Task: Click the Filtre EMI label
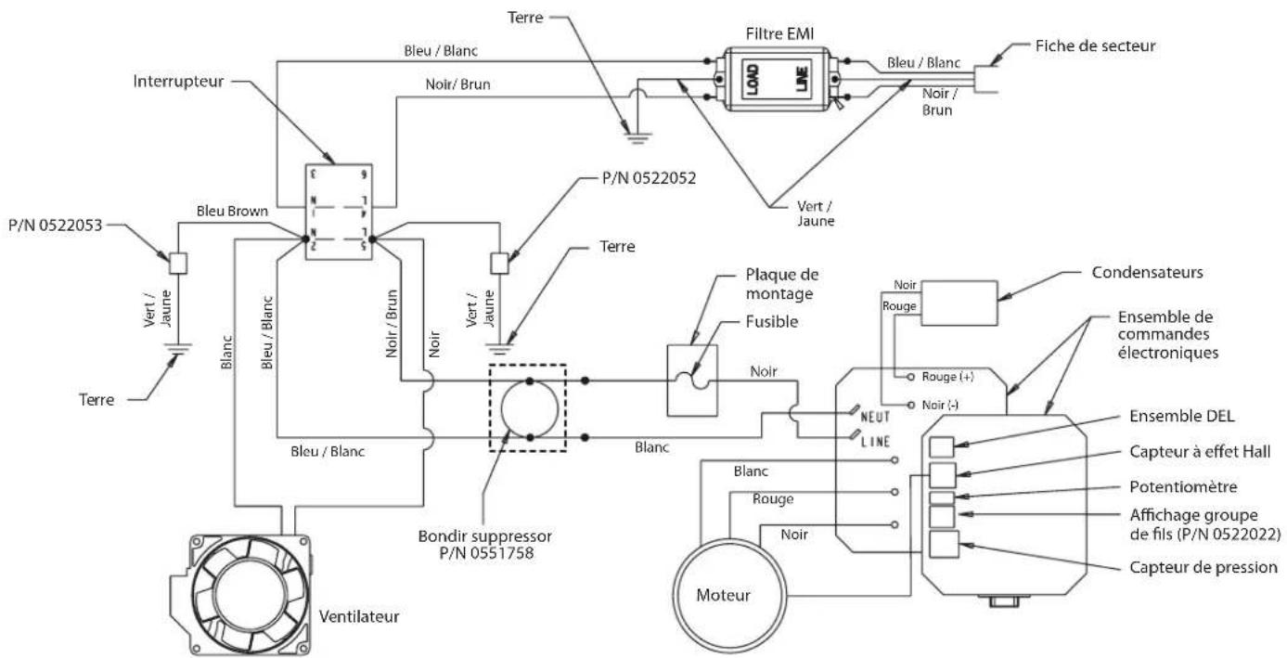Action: [x=779, y=34]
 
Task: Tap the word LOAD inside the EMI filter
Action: [x=753, y=79]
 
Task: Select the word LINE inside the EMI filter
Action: [x=802, y=79]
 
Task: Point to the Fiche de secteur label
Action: [x=1095, y=46]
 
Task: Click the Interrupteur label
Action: [x=178, y=81]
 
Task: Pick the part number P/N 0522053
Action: [x=55, y=226]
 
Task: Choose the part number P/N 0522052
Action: [x=649, y=178]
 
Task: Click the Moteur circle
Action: [x=729, y=596]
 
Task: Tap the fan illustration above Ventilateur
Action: [x=240, y=594]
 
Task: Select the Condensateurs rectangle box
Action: [x=959, y=303]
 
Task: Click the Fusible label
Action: [x=772, y=322]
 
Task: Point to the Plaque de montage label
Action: [x=782, y=284]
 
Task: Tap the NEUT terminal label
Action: [x=874, y=417]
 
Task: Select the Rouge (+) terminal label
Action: [x=947, y=377]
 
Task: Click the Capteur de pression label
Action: [x=1203, y=568]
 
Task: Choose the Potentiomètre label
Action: [x=1183, y=487]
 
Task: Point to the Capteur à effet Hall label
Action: [x=1200, y=452]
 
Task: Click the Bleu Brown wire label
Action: [x=232, y=211]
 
